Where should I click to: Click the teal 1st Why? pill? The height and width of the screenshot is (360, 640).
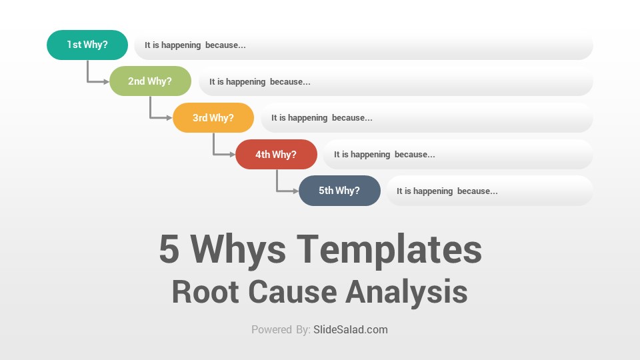pos(87,45)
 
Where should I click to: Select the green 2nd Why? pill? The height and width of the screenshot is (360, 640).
pos(150,81)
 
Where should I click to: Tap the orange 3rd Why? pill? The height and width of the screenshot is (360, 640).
pos(213,117)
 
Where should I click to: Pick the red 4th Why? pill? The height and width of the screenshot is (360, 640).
pos(276,154)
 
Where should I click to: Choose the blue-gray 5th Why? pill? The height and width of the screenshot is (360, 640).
pos(339,191)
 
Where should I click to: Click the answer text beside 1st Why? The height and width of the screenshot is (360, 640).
pos(195,45)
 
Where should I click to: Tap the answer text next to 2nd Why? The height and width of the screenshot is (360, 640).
pos(260,81)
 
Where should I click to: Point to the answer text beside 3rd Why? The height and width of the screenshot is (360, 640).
pos(322,118)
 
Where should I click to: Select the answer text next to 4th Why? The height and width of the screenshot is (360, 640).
pos(385,155)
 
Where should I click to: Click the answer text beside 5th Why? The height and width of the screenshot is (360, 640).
pos(447,191)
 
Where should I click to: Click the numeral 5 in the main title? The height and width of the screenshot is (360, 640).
pos(169,249)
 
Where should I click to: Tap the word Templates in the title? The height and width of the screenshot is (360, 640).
pos(389,250)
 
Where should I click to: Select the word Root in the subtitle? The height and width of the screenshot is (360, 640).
pos(205,291)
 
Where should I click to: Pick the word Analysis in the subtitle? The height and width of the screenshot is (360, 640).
pos(407,292)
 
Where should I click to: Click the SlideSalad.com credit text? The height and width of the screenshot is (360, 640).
pos(351,329)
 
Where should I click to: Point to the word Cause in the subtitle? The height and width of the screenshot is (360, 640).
pos(292,291)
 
